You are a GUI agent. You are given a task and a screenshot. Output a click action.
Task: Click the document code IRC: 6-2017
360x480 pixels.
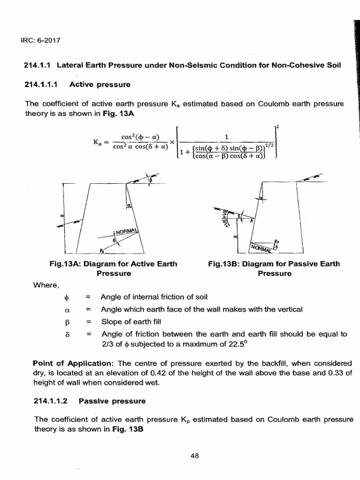pos(43,39)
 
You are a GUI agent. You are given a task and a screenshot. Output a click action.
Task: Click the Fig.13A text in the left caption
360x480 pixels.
pos(65,264)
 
